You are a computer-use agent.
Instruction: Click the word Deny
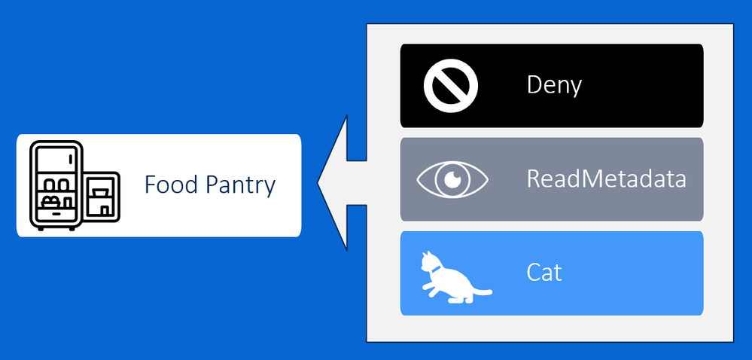(x=554, y=85)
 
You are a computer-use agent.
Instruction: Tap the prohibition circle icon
(x=451, y=86)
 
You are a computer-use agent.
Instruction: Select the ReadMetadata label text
(x=606, y=179)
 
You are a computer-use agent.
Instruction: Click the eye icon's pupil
(x=452, y=179)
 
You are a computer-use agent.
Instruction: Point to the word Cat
(x=543, y=273)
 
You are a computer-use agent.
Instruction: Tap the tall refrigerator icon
(x=56, y=185)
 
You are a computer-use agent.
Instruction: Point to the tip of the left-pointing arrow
(x=318, y=183)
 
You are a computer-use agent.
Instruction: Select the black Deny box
(x=552, y=86)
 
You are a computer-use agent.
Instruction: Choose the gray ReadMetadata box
(x=552, y=179)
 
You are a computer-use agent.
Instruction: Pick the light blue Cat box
(x=552, y=273)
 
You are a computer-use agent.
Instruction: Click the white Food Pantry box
(x=159, y=185)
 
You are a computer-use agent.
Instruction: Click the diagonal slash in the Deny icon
(x=451, y=86)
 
